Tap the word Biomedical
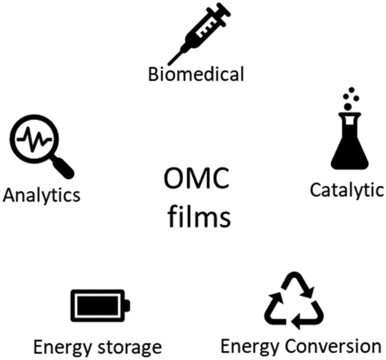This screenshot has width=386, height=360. click(x=196, y=74)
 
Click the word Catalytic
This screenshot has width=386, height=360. click(x=347, y=190)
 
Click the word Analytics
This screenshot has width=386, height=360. click(x=41, y=195)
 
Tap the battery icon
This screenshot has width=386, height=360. click(x=100, y=306)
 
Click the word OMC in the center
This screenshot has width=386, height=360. click(x=197, y=178)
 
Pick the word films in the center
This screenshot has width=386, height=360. click(x=200, y=216)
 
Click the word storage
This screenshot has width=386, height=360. click(x=130, y=348)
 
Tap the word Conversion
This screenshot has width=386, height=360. click(x=333, y=346)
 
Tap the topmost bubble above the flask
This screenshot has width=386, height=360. click(x=352, y=89)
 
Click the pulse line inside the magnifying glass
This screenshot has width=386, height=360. click(x=34, y=139)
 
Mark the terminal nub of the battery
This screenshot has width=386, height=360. click(x=127, y=306)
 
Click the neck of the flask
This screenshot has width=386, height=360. click(x=350, y=120)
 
